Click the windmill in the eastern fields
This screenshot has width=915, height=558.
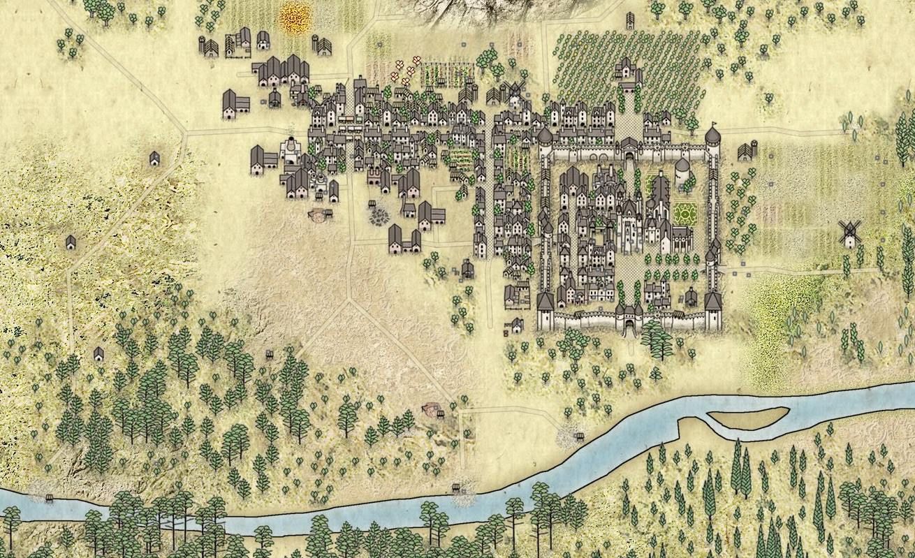(850, 234)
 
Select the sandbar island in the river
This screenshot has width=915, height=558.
(748, 417)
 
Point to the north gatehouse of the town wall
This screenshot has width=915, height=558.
(629, 147)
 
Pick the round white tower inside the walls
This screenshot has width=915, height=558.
(682, 171)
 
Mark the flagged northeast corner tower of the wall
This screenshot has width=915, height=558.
(712, 136)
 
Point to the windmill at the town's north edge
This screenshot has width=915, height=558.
(515, 91)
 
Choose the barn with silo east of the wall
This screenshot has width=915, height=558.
(747, 150)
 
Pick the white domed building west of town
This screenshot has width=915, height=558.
(288, 150)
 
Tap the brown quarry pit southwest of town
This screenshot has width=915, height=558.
(320, 214)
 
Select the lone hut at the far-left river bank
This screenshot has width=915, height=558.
(49, 497)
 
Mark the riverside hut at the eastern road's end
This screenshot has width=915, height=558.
(578, 437)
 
